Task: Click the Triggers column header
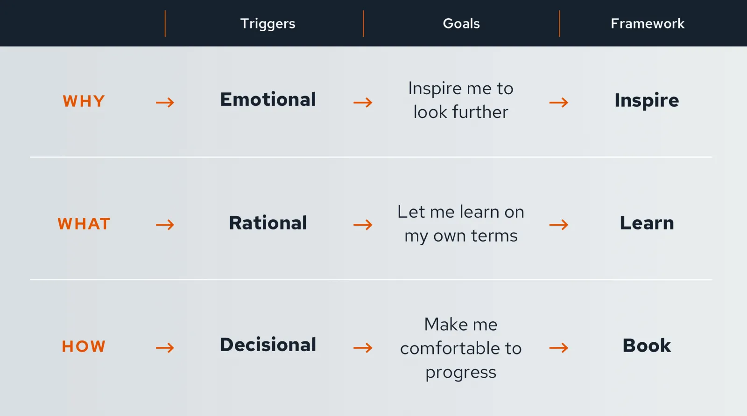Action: (x=268, y=24)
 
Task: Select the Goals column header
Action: (x=461, y=23)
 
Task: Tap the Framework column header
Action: (x=648, y=23)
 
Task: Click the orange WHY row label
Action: (x=84, y=101)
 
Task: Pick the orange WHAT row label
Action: (x=84, y=223)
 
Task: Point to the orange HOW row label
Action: (x=84, y=347)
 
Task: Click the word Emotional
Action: (x=268, y=99)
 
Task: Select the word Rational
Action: (x=268, y=222)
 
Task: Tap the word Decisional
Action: (x=268, y=344)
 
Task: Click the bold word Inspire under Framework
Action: (x=647, y=101)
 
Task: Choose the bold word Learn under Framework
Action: (x=647, y=222)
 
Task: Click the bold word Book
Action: (x=647, y=345)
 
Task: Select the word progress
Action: (x=461, y=372)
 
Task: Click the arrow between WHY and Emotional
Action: (x=165, y=102)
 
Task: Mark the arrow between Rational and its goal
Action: (x=363, y=225)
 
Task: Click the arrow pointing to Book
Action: (x=559, y=348)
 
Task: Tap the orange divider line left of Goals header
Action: (x=364, y=23)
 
